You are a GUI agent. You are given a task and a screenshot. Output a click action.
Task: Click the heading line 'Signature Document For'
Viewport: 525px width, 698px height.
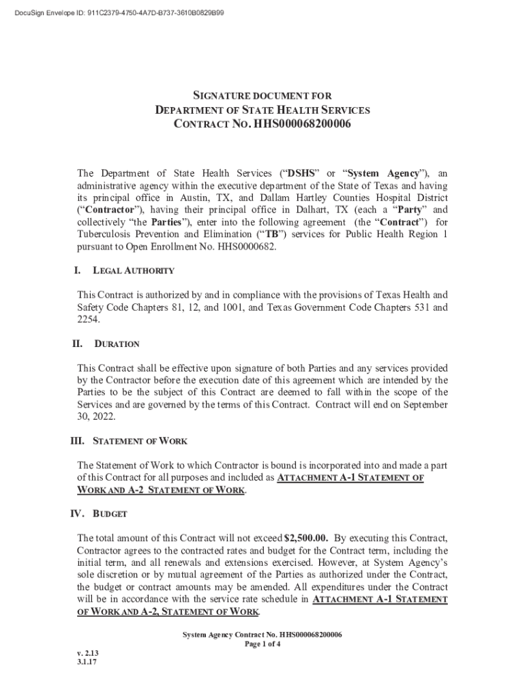click(x=262, y=97)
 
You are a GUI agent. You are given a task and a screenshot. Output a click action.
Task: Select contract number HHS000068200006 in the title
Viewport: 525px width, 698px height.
click(x=303, y=124)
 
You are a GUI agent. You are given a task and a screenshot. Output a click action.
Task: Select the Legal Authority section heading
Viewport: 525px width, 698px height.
click(x=134, y=271)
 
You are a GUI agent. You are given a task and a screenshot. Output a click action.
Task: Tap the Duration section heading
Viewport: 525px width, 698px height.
click(x=117, y=344)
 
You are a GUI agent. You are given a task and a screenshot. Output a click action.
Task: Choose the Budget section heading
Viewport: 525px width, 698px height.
click(x=106, y=513)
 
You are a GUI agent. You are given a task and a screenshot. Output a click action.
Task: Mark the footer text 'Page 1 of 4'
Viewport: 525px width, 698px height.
click(x=262, y=644)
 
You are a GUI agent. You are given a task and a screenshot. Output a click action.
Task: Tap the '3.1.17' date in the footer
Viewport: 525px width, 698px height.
click(x=87, y=661)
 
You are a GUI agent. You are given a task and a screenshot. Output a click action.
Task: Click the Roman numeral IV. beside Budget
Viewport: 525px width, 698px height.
click(x=80, y=513)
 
